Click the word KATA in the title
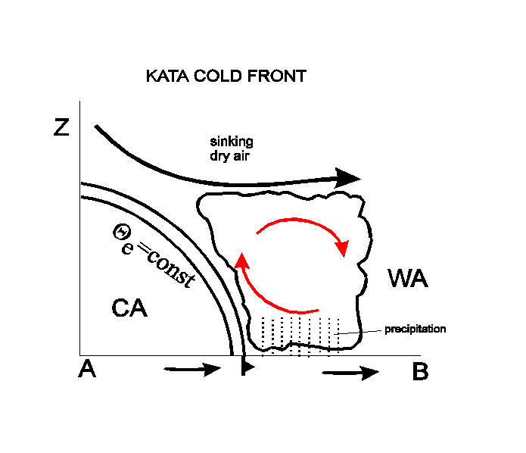168,76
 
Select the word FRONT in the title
277,76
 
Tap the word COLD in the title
218,76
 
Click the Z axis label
61,127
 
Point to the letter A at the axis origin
87,368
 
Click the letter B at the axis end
420,371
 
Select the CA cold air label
129,308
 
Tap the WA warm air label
408,278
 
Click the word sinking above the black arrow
232,142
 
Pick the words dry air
230,156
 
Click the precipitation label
416,329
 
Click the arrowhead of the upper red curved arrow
342,248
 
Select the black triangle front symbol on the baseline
247,367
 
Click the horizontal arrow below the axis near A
192,370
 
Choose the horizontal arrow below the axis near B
350,373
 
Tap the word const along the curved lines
171,270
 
